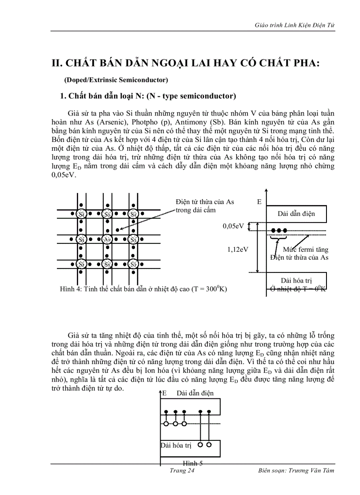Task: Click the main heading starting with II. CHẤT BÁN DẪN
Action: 185,63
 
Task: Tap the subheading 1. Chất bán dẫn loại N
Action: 148,96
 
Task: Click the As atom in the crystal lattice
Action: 107,239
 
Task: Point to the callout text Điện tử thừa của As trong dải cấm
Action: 204,206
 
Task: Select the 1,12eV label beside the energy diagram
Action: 238,249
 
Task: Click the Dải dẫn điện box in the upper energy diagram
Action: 296,214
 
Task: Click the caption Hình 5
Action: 193,463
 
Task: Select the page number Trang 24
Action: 182,470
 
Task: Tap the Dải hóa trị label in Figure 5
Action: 176,445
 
